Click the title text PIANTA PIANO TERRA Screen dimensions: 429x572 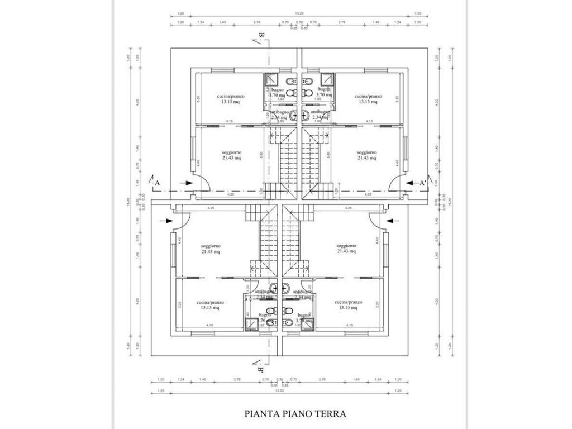point(295,414)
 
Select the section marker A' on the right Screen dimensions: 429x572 point(423,183)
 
